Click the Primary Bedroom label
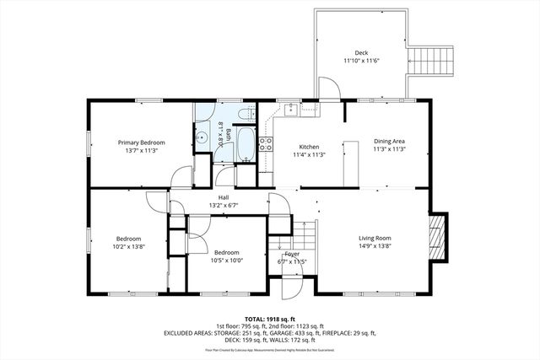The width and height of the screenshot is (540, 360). point(141,142)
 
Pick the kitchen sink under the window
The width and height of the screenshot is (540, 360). point(289,108)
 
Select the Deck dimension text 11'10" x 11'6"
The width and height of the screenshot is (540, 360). point(362,61)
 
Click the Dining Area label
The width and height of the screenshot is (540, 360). point(390,141)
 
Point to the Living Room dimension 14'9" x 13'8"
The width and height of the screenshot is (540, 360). point(373,246)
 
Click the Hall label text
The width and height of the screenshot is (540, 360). point(224,198)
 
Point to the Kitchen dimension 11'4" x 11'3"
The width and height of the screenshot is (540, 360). point(309,155)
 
